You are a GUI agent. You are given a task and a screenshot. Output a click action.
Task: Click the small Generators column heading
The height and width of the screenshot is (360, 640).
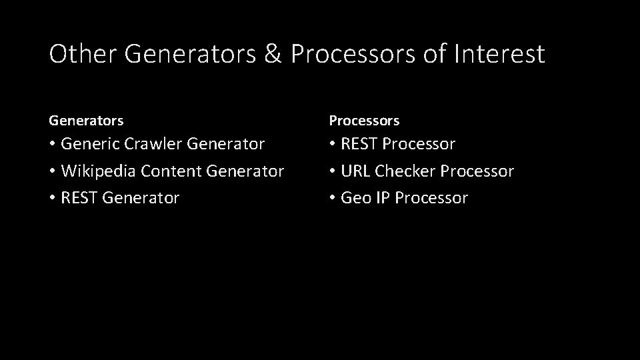click(86, 121)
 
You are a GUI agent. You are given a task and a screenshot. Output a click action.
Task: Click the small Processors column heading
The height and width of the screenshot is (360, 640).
click(364, 121)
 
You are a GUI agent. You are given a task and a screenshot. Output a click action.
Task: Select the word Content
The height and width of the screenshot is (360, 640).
click(174, 171)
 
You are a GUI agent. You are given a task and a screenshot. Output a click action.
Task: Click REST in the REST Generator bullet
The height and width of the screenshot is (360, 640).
click(79, 198)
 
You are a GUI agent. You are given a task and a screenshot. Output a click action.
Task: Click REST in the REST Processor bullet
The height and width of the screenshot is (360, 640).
click(359, 144)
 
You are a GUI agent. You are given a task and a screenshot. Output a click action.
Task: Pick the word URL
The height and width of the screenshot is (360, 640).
click(355, 171)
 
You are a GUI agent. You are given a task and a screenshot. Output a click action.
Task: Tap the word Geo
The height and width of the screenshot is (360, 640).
click(355, 198)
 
